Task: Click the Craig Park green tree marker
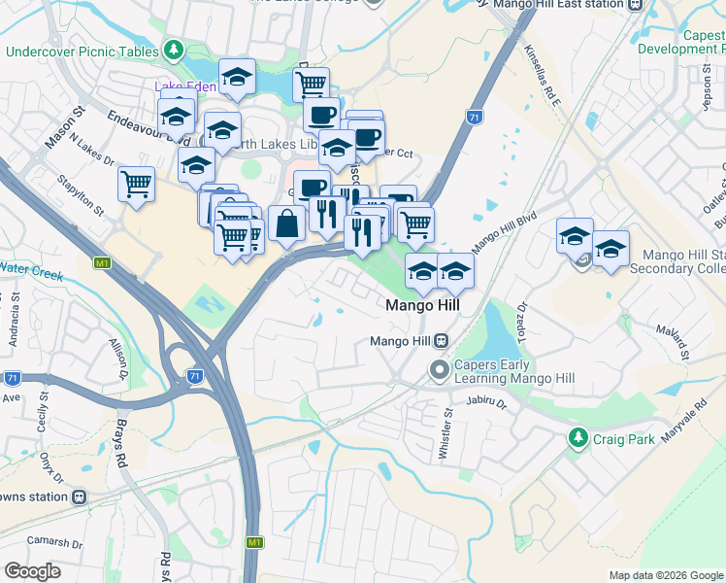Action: (578, 438)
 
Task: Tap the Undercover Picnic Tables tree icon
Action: (174, 49)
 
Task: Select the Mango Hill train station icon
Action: (441, 341)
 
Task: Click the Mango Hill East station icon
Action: (636, 5)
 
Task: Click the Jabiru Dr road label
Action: (486, 400)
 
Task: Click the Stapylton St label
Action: (82, 190)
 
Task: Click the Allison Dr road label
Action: (119, 358)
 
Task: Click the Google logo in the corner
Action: (33, 570)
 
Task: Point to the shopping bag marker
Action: (287, 225)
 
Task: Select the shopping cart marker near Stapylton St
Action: (136, 183)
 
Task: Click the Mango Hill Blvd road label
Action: (504, 234)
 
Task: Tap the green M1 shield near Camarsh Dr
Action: (253, 542)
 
